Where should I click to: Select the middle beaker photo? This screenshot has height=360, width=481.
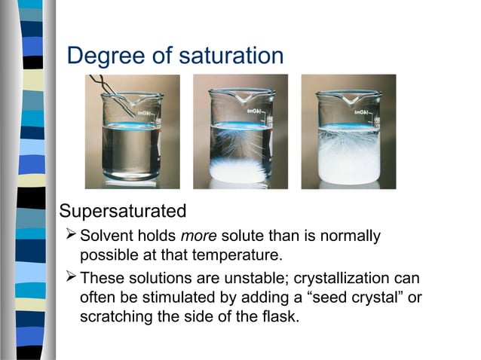click(x=240, y=132)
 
